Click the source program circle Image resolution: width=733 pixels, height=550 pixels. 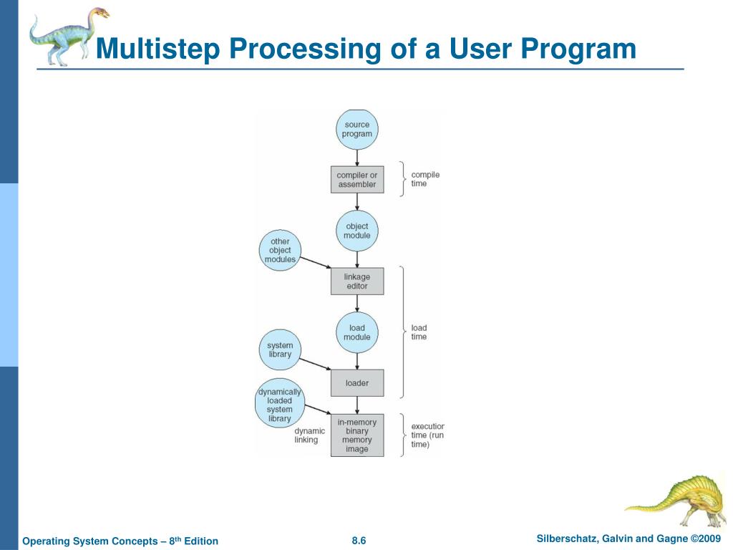click(356, 130)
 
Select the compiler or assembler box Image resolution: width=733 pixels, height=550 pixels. click(357, 179)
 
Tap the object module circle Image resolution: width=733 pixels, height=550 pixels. click(356, 231)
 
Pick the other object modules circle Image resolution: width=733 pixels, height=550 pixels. click(280, 251)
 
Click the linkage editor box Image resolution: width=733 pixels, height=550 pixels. click(357, 281)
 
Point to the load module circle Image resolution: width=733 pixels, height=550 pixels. click(356, 332)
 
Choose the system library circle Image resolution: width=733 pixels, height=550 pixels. click(280, 350)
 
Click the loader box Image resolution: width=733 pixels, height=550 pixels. click(357, 383)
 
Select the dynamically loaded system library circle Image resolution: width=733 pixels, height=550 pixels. click(280, 405)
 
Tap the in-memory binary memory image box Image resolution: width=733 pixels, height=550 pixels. click(357, 435)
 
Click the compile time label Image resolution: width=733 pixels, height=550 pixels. click(425, 179)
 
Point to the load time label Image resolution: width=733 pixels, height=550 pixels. click(419, 332)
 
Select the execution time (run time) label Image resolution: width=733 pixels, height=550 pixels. click(427, 435)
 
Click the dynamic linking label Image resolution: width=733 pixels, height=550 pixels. click(309, 435)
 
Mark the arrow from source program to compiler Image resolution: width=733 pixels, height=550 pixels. click(356, 158)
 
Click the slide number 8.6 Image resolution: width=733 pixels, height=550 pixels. click(359, 541)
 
